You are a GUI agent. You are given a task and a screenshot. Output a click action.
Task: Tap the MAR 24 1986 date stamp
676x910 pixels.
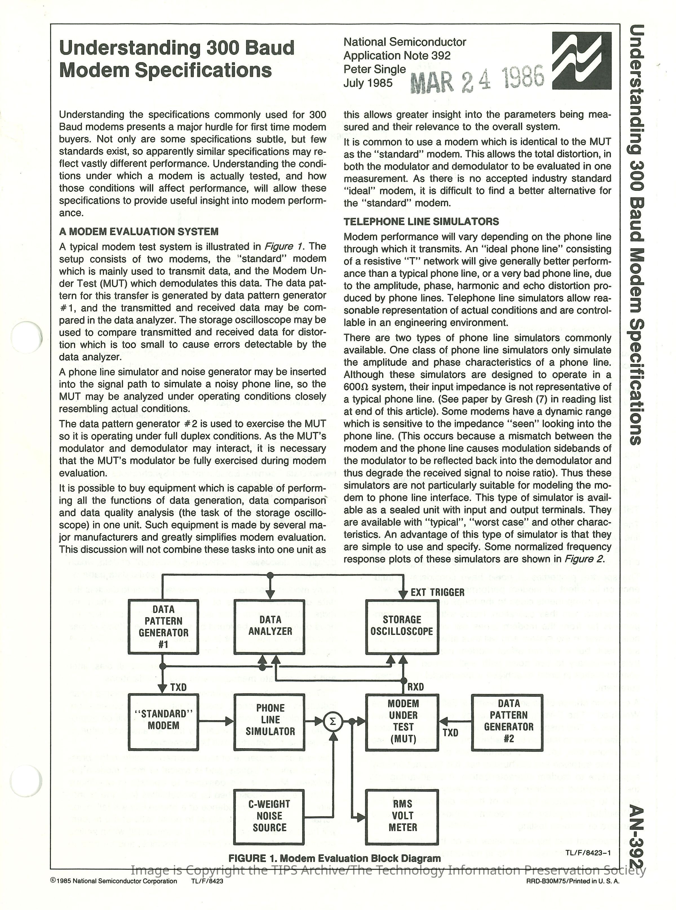(477, 79)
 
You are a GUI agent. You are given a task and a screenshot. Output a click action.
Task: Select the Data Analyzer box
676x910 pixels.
(270, 627)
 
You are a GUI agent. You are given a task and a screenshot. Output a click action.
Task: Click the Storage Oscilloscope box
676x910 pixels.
(402, 627)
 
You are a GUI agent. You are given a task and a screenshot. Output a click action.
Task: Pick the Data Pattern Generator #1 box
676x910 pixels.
(163, 627)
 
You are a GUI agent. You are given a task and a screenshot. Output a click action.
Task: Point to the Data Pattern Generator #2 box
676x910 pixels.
(507, 722)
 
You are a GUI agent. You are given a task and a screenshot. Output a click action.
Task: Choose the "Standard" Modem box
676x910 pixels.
(163, 722)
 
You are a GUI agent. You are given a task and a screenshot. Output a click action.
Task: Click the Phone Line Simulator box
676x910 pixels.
(270, 722)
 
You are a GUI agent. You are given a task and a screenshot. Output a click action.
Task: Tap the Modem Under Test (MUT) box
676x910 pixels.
(402, 722)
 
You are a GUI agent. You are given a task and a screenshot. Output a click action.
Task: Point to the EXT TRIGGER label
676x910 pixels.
(437, 592)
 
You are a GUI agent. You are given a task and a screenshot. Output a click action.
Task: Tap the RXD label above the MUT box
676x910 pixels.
(415, 687)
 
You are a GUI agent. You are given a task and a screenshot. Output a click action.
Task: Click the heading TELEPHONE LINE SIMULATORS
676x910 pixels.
(421, 222)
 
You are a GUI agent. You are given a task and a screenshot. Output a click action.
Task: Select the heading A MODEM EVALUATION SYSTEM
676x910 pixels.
(139, 232)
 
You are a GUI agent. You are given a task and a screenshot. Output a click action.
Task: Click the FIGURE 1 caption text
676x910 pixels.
(334, 858)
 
